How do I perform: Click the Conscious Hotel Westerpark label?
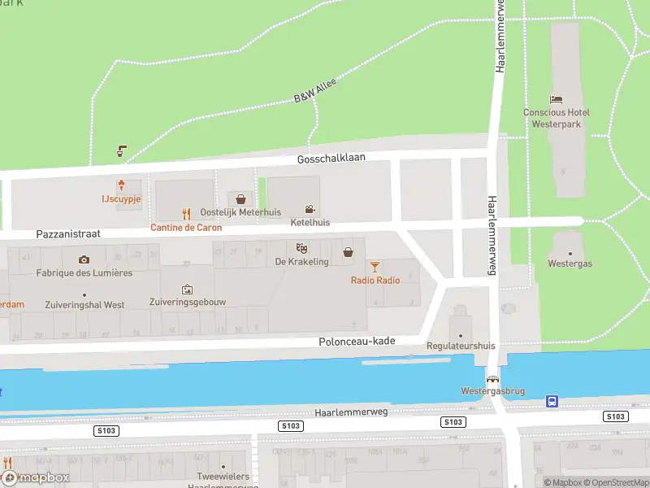(x=557, y=118)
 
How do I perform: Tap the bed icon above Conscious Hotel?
(x=557, y=98)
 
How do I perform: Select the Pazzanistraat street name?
(x=68, y=233)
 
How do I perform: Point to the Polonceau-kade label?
(x=357, y=341)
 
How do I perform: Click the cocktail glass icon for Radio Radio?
(x=375, y=266)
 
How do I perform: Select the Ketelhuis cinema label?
(x=310, y=222)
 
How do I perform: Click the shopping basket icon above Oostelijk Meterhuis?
(x=240, y=198)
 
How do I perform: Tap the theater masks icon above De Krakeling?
(x=301, y=248)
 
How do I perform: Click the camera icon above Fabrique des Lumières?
(x=84, y=259)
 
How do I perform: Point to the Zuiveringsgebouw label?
(x=188, y=302)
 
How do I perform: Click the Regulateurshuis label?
(x=461, y=346)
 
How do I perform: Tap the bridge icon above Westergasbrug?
(x=492, y=378)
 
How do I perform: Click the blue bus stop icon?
(x=552, y=401)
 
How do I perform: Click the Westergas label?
(x=569, y=264)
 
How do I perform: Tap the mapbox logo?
(x=36, y=478)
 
